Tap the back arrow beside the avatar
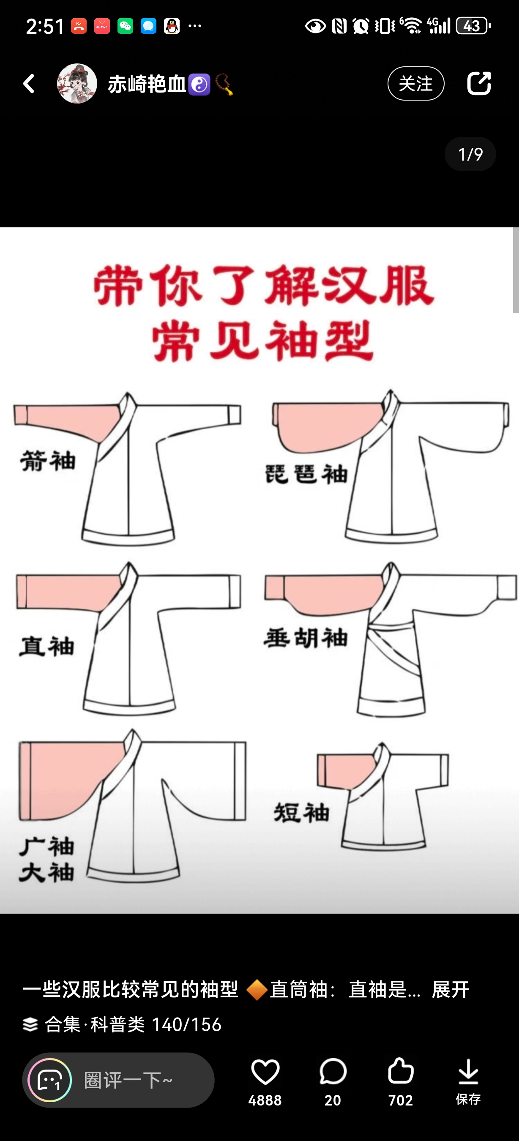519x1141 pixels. (29, 83)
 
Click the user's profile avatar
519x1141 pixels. (77, 83)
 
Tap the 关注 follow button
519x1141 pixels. (416, 83)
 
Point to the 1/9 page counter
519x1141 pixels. (470, 154)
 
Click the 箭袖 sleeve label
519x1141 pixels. (48, 461)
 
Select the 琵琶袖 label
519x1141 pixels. (306, 474)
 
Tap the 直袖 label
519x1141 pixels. (46, 646)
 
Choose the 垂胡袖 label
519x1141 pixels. (306, 638)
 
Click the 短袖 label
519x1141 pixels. (302, 812)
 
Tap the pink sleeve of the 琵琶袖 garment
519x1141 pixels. (328, 427)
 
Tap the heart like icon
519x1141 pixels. (265, 1072)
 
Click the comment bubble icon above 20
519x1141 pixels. (333, 1072)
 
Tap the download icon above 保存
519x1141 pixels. (468, 1072)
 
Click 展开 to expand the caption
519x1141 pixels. (451, 990)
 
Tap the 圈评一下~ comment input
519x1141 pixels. (118, 1080)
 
